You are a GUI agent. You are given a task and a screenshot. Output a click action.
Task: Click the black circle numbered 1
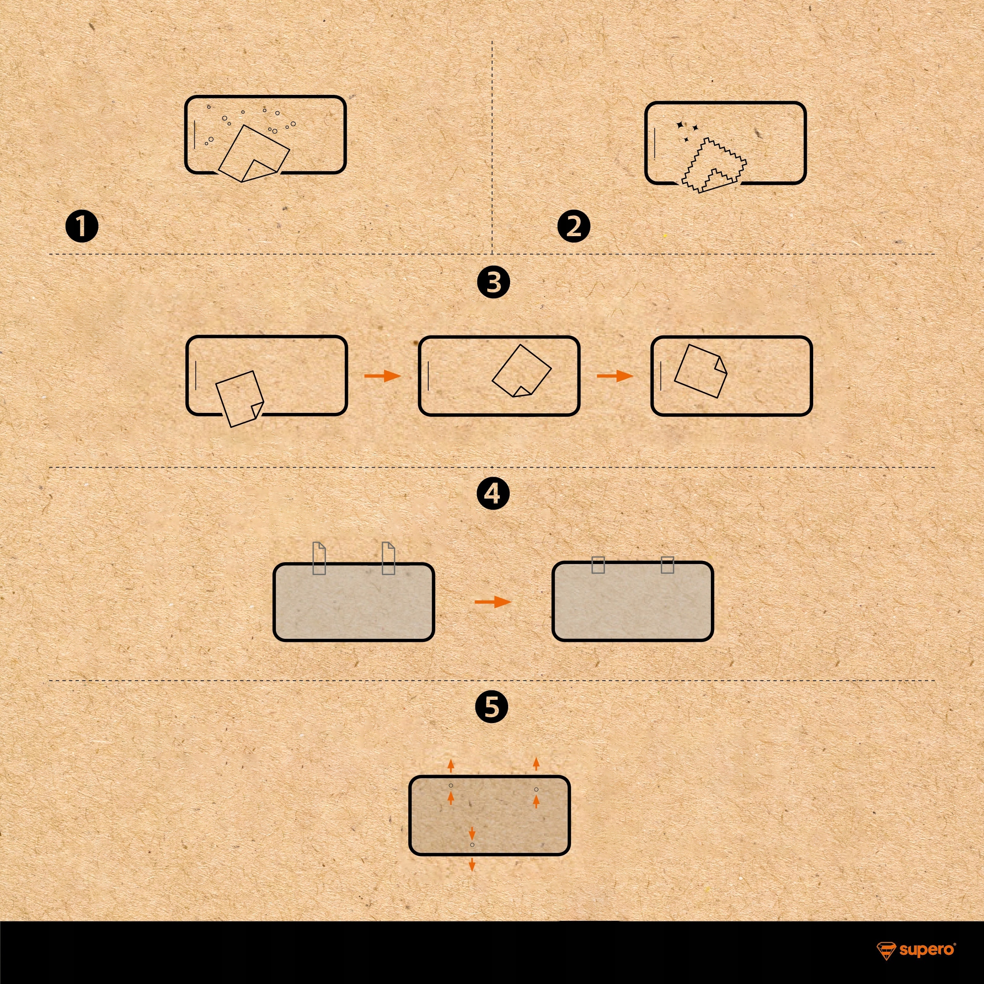(82, 227)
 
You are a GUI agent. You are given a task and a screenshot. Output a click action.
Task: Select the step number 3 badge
(494, 282)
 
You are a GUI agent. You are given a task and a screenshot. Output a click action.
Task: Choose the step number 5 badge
(492, 707)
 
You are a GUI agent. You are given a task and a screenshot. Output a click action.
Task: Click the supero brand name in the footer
(927, 949)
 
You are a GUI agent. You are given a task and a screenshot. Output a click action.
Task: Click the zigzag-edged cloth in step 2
(714, 166)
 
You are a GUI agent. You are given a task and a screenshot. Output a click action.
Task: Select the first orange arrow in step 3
(383, 376)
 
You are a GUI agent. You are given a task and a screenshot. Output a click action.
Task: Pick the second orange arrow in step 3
(615, 376)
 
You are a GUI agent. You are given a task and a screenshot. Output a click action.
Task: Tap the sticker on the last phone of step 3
(700, 371)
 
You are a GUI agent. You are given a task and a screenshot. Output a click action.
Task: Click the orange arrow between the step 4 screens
(493, 602)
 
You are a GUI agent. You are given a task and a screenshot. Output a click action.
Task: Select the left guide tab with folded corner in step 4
(319, 558)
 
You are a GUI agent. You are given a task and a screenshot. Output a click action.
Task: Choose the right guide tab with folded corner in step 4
(388, 558)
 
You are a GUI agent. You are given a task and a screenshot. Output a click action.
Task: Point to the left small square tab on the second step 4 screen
(598, 565)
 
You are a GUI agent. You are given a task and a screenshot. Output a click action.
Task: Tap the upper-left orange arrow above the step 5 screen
(451, 765)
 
